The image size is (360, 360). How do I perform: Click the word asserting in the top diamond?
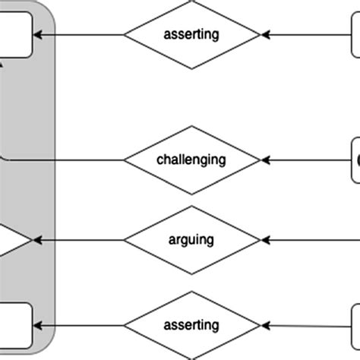(x=191, y=34)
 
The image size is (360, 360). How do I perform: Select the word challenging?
(x=191, y=159)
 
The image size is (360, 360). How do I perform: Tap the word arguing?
(x=191, y=240)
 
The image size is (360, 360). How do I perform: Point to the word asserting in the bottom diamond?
(x=191, y=325)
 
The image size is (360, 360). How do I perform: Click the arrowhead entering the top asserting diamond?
(x=265, y=35)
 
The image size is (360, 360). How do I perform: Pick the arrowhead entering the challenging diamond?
(x=265, y=160)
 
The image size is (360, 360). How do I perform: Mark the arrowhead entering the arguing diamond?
(x=265, y=241)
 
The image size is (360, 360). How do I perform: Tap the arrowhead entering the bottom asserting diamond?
(x=265, y=326)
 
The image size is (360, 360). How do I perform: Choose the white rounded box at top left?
(x=15, y=35)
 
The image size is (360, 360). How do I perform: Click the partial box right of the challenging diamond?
(x=355, y=159)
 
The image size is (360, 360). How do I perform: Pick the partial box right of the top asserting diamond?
(x=355, y=35)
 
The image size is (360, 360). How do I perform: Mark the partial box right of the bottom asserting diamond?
(x=355, y=325)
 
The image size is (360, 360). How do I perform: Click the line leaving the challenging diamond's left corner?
(x=68, y=160)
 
